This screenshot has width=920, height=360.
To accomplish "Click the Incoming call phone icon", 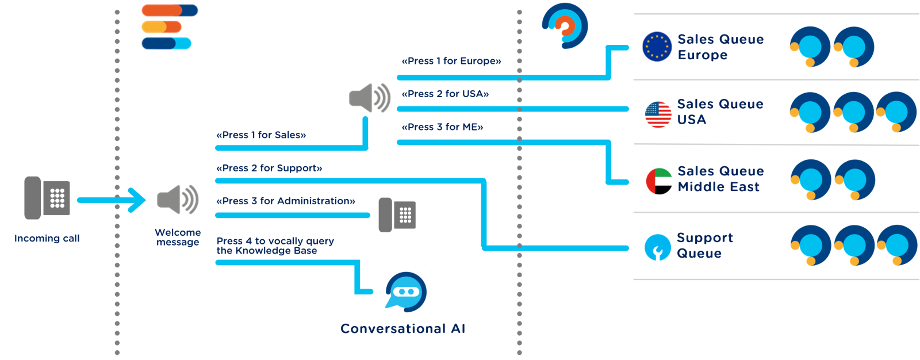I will pos(47,197).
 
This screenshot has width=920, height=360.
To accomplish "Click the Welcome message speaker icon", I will pos(178,200).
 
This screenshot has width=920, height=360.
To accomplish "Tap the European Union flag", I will pos(657,47).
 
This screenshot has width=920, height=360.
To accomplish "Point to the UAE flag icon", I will pos(659,181).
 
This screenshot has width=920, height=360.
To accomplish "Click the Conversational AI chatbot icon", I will pos(406,292).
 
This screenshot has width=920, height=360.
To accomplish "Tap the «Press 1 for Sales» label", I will pos(261,135).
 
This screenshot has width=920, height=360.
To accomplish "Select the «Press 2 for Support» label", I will pos(269,168).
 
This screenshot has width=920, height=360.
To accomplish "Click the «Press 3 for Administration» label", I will pos(286,201).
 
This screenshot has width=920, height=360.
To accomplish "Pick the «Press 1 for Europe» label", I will pos(451,61).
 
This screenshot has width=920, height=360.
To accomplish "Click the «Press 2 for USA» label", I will pos(446,94).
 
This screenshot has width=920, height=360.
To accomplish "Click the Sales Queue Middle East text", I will pos(720,179).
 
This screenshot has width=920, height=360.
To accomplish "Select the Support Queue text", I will pos(704,246).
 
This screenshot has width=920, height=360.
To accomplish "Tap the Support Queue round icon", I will pos(658,247).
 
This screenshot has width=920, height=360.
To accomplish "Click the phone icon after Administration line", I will pos(397,215).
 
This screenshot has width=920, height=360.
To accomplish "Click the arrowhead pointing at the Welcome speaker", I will pos(138,200).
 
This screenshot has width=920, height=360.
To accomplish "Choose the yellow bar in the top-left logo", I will pos(154,27).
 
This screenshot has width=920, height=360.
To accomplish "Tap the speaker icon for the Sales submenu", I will pos(370,98).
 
